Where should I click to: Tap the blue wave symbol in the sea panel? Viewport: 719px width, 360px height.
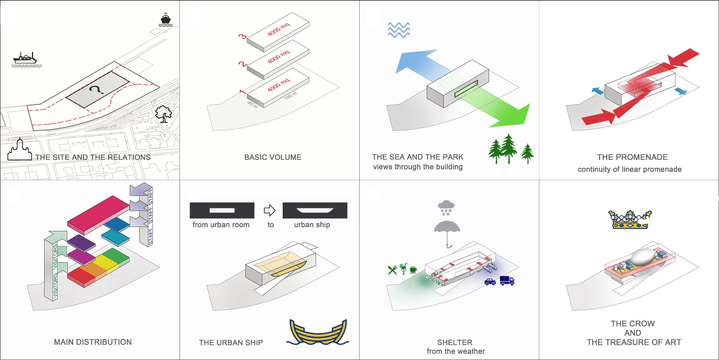[x=399, y=30]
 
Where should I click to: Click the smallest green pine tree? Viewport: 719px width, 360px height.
[x=527, y=153]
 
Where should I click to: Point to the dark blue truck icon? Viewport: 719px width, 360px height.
[x=507, y=280]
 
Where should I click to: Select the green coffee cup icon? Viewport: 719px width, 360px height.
[x=413, y=270]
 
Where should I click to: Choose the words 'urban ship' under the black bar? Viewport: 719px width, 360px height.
[x=312, y=225]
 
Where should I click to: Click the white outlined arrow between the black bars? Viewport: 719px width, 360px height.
[x=270, y=211]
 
